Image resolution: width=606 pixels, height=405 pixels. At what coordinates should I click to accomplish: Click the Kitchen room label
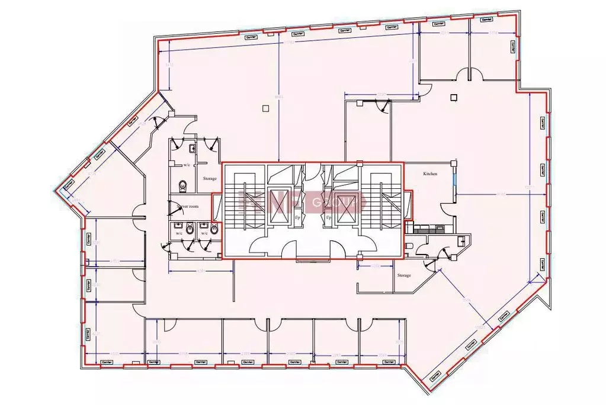tap(430, 174)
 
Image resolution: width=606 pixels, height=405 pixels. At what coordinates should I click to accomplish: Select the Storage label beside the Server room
tap(210, 178)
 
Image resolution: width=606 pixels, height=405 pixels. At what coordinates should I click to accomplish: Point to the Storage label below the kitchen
tap(404, 275)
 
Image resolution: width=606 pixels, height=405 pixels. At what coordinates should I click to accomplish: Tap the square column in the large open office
tap(264, 107)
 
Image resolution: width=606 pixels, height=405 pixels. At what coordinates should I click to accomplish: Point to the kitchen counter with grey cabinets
tap(431, 230)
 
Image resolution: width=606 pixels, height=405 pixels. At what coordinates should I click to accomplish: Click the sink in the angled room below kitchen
tap(461, 240)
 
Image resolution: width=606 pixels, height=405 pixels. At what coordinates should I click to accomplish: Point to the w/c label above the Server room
tap(187, 165)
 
